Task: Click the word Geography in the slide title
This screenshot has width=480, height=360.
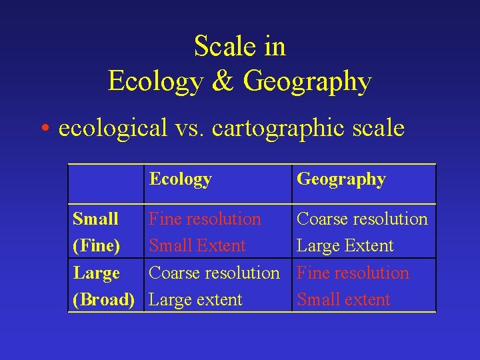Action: click(307, 82)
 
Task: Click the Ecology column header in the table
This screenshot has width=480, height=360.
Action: click(180, 179)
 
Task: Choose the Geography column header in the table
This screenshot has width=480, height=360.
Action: click(341, 179)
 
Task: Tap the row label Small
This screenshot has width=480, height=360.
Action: click(95, 219)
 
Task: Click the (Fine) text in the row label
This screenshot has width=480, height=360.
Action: click(97, 246)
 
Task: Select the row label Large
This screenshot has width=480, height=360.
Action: click(96, 273)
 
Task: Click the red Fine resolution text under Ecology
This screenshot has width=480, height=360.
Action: click(205, 219)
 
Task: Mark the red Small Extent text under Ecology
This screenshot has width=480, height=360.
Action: click(197, 246)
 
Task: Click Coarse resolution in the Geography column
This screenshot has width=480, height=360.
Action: click(362, 219)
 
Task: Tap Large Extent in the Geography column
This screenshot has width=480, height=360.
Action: click(345, 246)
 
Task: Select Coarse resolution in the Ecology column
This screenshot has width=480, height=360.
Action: click(214, 273)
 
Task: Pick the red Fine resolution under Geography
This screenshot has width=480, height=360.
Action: click(353, 273)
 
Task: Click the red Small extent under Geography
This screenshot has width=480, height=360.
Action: click(343, 300)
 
